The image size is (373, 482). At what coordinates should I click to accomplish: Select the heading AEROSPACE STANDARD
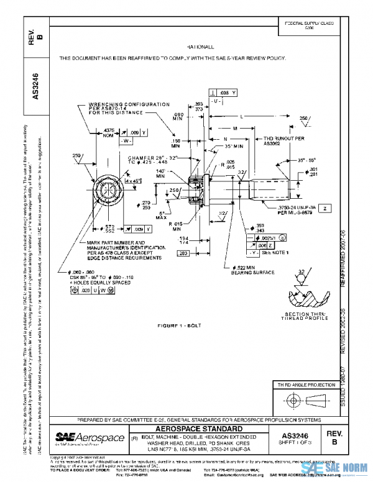[198, 429]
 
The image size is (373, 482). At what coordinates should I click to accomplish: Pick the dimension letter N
[226, 139]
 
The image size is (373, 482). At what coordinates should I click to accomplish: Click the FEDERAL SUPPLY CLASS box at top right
[309, 25]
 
